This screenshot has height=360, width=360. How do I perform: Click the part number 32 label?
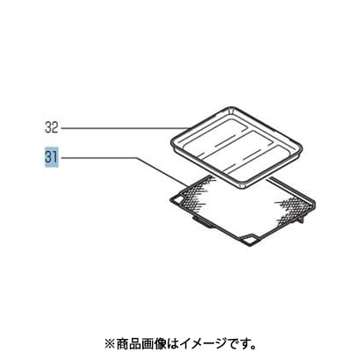click(x=52, y=127)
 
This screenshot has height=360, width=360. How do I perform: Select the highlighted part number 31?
click(x=52, y=157)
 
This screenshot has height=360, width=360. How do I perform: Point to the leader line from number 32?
click(x=124, y=128)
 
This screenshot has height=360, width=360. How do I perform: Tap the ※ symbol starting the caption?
click(x=110, y=343)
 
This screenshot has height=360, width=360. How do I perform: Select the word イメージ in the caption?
click(x=193, y=343)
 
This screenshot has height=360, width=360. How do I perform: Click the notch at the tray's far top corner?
click(x=230, y=110)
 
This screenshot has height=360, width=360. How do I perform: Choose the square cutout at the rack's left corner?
click(x=177, y=199)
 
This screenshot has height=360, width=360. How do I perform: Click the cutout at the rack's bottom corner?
click(x=248, y=240)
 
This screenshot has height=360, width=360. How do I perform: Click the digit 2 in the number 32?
click(x=55, y=127)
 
